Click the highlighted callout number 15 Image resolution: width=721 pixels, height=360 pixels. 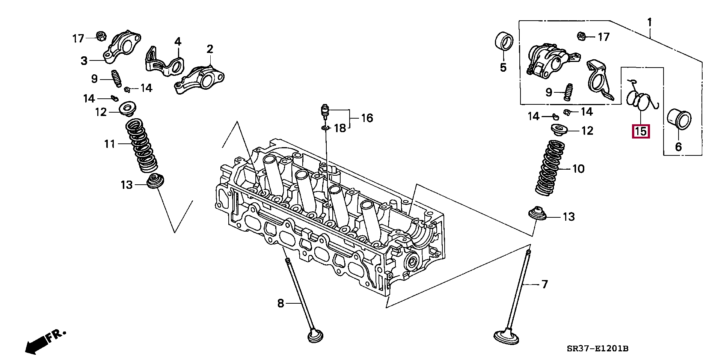pyautogui.click(x=641, y=131)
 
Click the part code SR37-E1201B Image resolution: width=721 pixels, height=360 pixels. pyautogui.click(x=597, y=349)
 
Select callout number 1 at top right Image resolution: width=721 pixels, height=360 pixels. pyautogui.click(x=649, y=23)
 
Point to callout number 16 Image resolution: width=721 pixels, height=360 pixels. pyautogui.click(x=367, y=118)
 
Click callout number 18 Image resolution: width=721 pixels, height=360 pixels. pyautogui.click(x=340, y=128)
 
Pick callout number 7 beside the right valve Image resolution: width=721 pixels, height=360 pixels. pyautogui.click(x=545, y=284)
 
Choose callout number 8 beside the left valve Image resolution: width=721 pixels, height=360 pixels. pyautogui.click(x=281, y=303)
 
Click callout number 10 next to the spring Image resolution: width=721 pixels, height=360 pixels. pyautogui.click(x=578, y=169)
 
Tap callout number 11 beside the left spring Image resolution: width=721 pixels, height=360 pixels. pyautogui.click(x=109, y=144)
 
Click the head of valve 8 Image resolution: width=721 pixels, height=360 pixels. pyautogui.click(x=315, y=336)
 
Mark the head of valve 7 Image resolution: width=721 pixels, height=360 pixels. pyautogui.click(x=507, y=336)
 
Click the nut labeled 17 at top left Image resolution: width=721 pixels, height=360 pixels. pyautogui.click(x=100, y=36)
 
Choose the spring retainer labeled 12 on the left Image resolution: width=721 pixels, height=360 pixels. pyautogui.click(x=127, y=109)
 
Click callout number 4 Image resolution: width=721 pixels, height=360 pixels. pyautogui.click(x=178, y=42)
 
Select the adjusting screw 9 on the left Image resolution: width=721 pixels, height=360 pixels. pyautogui.click(x=116, y=78)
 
